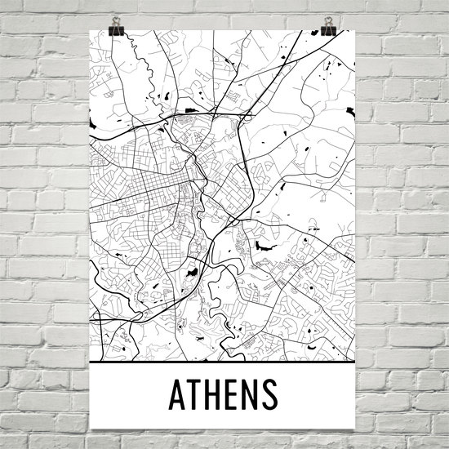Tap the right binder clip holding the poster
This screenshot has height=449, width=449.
coord(328,29)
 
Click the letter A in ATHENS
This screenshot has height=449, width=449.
coord(179,395)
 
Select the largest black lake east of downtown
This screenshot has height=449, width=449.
coord(263,244)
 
